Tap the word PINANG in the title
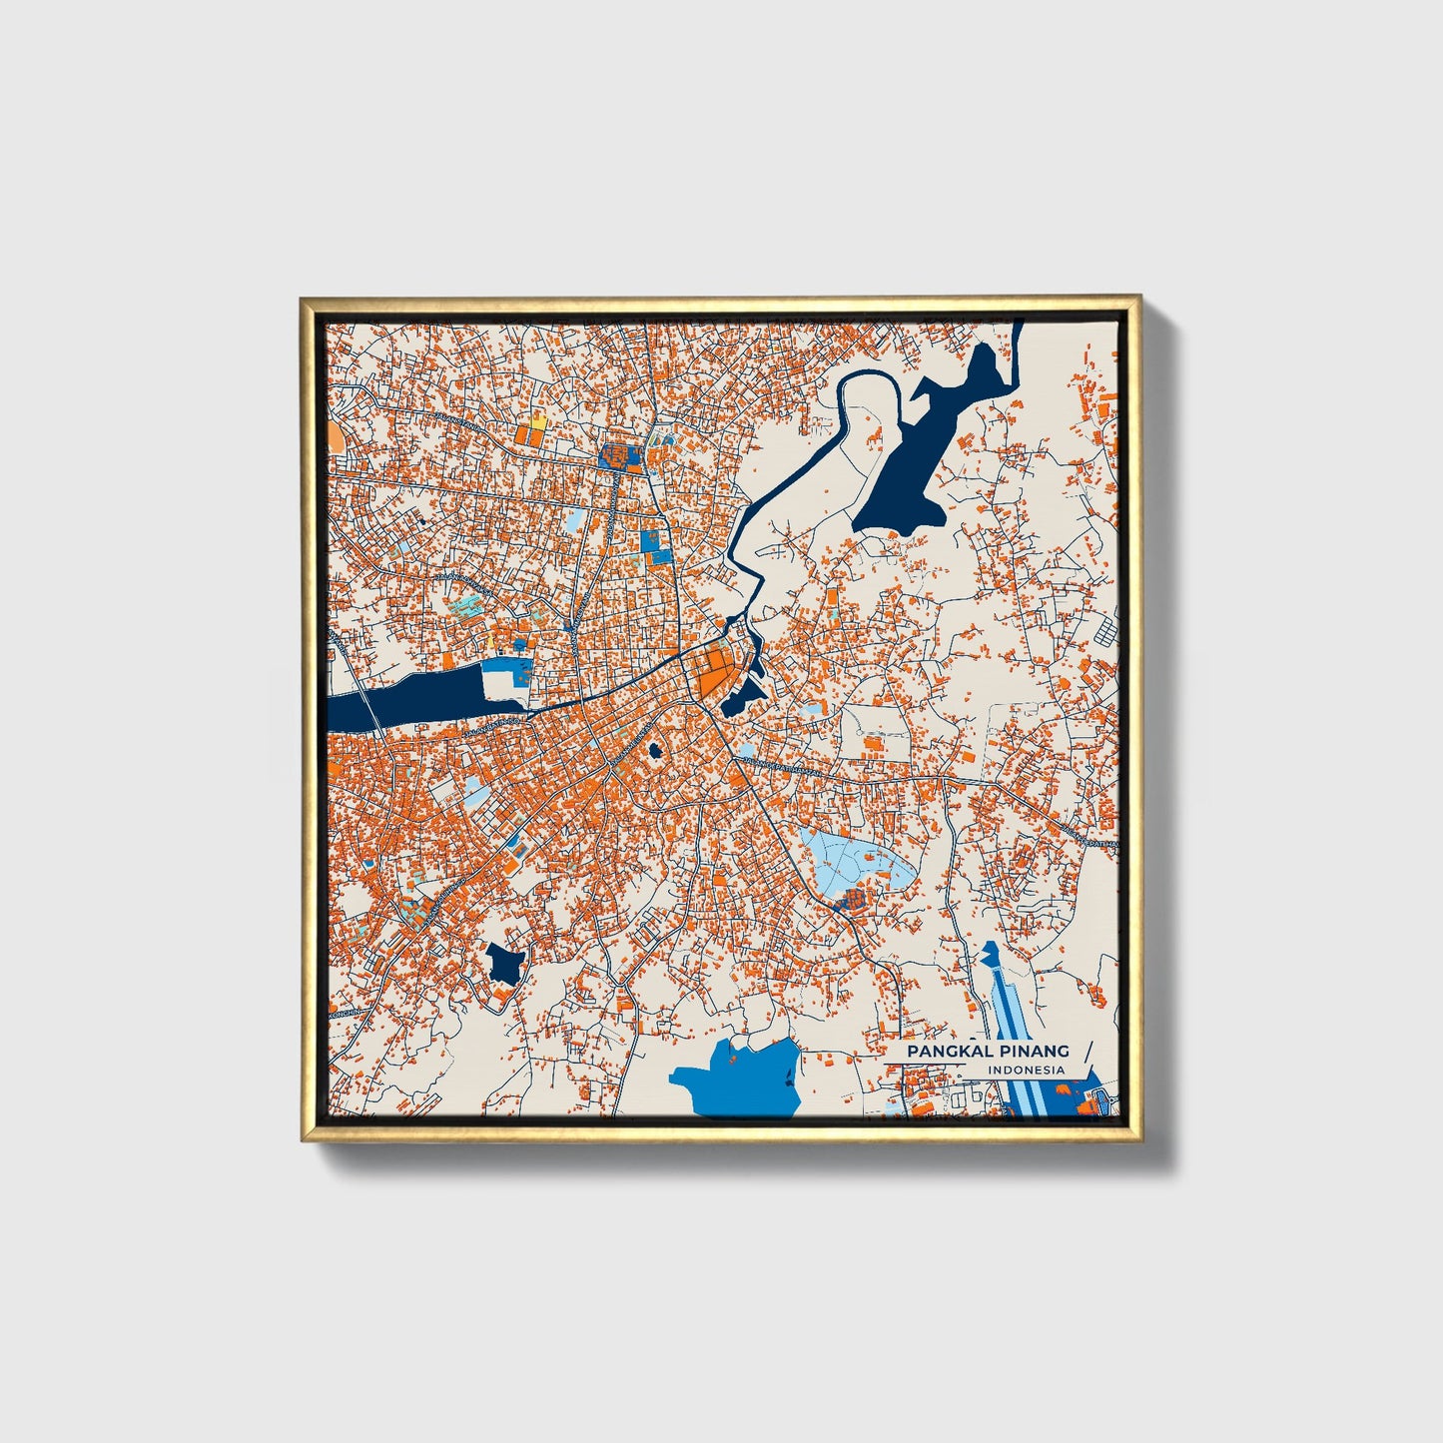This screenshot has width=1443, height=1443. coord(1033,1052)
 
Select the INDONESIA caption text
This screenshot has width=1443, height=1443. coord(1026,1071)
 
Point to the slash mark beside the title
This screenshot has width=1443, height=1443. coord(1085,1058)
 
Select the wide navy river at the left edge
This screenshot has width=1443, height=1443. coord(399,698)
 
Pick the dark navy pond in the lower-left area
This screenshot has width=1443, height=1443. coord(505,964)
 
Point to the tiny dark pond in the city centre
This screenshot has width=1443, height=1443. coord(655,749)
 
